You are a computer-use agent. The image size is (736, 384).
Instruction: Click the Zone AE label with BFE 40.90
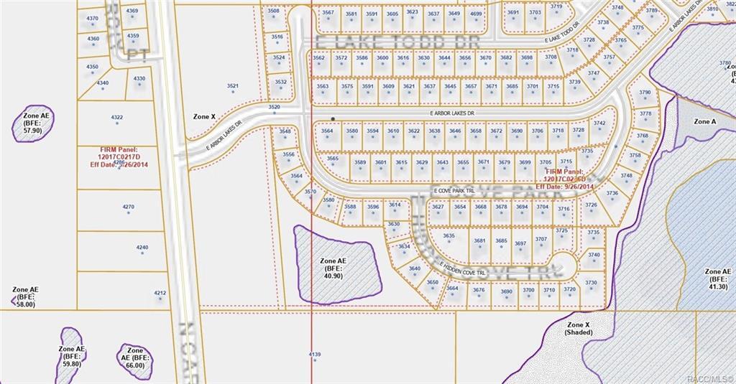tap(333, 268)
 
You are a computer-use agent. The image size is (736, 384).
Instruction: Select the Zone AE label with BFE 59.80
tap(72, 356)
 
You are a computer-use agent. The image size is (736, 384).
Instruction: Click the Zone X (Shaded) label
tap(578, 329)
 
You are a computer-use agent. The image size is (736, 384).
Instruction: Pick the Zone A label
tap(704, 121)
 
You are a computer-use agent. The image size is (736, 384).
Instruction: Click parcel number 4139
tap(314, 355)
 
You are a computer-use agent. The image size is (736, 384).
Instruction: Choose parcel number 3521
tap(233, 86)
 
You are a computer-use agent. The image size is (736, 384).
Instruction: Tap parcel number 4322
tap(117, 117)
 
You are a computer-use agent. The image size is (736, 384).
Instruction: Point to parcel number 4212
tap(160, 293)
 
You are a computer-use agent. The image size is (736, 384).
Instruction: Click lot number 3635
tap(448, 236)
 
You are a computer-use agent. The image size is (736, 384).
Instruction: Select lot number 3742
tap(599, 123)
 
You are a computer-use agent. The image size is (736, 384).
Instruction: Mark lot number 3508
tap(273, 11)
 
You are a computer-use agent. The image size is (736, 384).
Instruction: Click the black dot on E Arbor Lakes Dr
tap(333, 118)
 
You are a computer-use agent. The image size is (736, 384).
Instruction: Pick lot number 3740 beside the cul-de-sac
tap(594, 255)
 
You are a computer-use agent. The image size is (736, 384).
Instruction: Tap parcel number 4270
tap(128, 207)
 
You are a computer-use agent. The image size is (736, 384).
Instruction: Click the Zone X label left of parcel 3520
tap(204, 116)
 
